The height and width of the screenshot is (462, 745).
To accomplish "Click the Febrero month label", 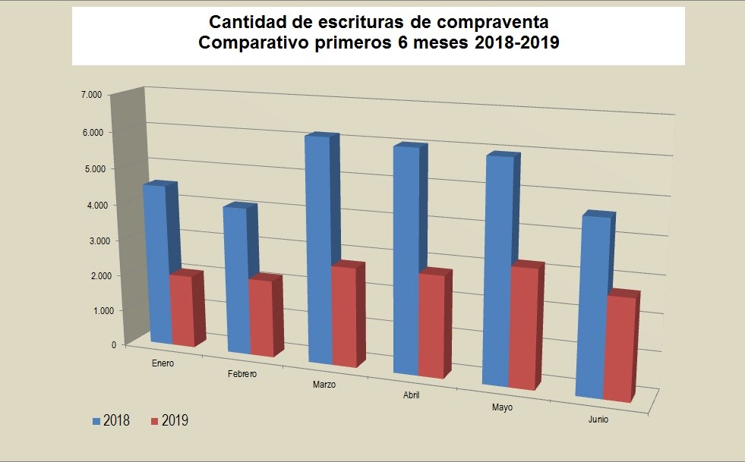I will [x=242, y=374].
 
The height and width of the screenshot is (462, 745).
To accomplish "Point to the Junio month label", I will [x=597, y=419].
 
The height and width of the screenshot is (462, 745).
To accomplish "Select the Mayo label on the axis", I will [x=501, y=407].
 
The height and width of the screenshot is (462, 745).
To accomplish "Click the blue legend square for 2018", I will [x=96, y=420].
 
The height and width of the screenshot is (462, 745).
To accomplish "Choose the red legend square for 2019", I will [x=155, y=420].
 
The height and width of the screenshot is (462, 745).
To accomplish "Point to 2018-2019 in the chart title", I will [x=516, y=43].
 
